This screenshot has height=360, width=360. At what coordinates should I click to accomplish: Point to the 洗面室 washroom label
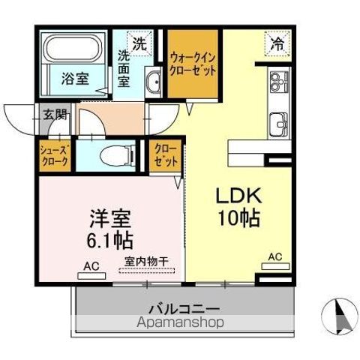click(x=125, y=68)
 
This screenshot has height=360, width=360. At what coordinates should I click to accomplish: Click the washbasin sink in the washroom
click(x=153, y=82)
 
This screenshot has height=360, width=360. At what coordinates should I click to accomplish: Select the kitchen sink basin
click(x=280, y=121)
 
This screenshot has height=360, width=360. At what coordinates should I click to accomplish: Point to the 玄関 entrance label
click(x=52, y=115)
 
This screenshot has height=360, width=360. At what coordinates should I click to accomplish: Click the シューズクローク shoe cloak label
click(x=55, y=155)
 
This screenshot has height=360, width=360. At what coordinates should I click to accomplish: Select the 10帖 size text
click(x=239, y=219)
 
